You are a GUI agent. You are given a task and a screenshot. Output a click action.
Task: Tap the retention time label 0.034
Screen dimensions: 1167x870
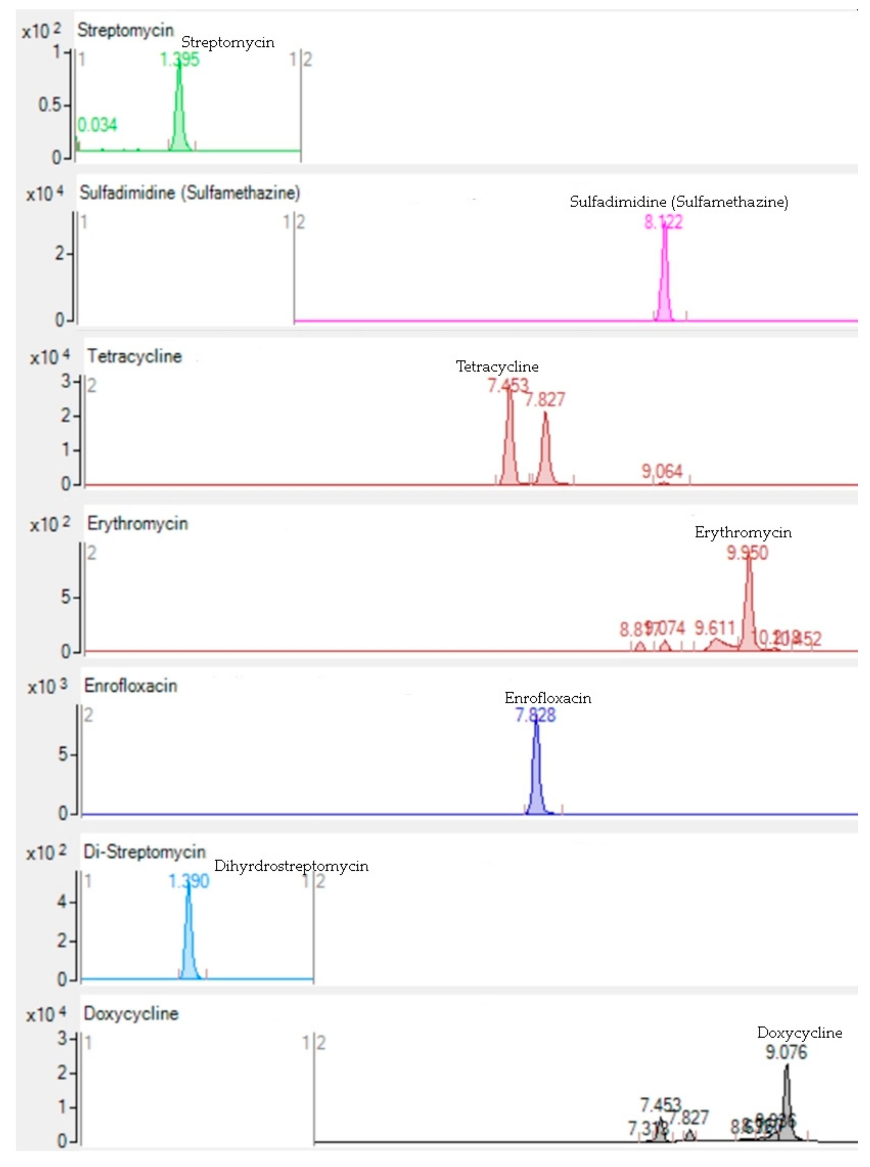[x=97, y=125]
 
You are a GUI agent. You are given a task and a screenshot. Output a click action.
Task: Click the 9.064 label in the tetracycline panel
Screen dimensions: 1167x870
[x=662, y=471]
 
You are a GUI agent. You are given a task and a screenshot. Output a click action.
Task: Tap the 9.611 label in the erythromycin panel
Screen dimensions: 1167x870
[x=714, y=628]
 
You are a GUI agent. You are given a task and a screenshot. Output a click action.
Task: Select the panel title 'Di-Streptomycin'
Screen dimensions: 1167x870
[x=144, y=852]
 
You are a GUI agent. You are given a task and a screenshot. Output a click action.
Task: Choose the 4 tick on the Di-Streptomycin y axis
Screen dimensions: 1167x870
[x=62, y=902]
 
